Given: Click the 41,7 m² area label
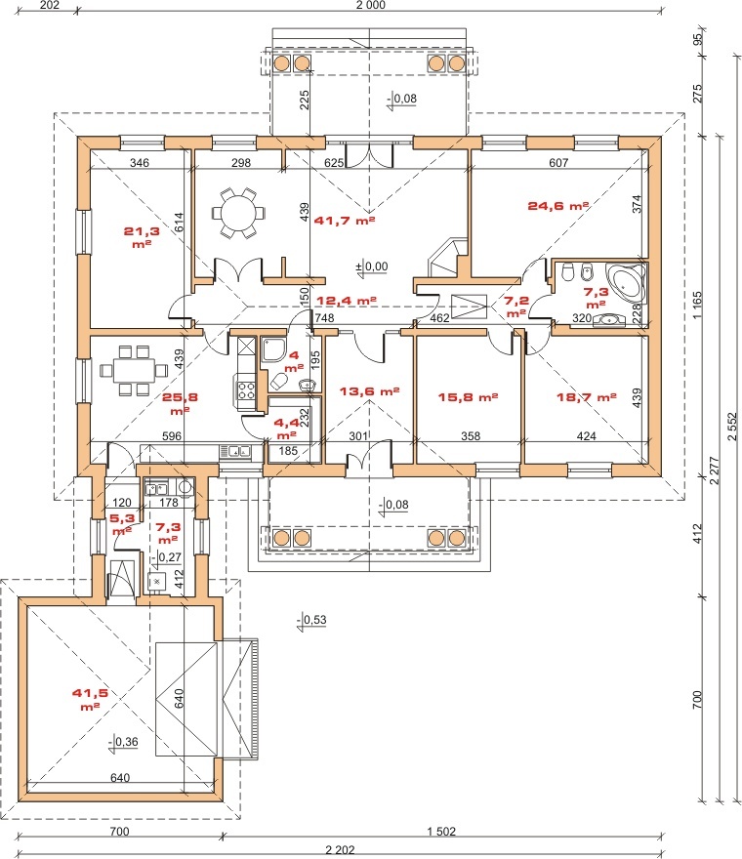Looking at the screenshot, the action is tap(344, 221).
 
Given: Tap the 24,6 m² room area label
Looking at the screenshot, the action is tap(558, 206).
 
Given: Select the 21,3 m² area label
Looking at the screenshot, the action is tap(142, 237).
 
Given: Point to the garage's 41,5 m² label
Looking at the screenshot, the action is tap(90, 700).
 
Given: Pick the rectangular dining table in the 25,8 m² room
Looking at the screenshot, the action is tap(133, 370).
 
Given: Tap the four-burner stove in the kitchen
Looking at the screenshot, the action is tap(245, 390).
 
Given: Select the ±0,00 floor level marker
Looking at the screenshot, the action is tap(372, 267).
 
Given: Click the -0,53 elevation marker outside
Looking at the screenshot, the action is tap(311, 621).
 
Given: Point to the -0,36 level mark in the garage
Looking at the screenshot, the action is tap(124, 742).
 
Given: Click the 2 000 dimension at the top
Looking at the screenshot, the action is tap(370, 5).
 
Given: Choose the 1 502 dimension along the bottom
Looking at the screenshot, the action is tap(441, 832).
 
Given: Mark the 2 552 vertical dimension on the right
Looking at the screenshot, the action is tap(732, 427).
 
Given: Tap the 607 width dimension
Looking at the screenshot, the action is tap(558, 163).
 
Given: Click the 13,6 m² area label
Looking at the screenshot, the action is tap(369, 391).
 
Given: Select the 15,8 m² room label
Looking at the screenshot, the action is tap(468, 397).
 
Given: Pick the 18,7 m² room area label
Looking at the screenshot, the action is tap(587, 396).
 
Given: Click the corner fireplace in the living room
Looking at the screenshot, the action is tap(446, 258).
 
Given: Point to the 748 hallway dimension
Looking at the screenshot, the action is tap(324, 318).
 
